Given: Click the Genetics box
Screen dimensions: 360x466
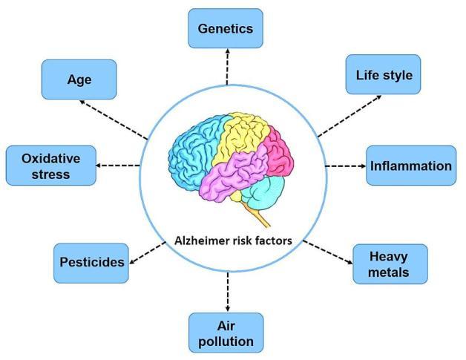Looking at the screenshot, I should (x=226, y=29).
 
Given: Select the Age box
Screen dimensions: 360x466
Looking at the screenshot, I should (x=79, y=79).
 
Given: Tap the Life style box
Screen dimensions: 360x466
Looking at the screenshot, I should (x=384, y=74).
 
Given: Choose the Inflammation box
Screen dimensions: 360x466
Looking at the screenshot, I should (x=410, y=166).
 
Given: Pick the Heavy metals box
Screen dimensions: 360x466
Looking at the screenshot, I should (x=390, y=264).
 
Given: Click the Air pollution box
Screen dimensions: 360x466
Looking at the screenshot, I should (x=226, y=332).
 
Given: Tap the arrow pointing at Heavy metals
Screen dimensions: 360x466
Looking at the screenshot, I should (x=330, y=252).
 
